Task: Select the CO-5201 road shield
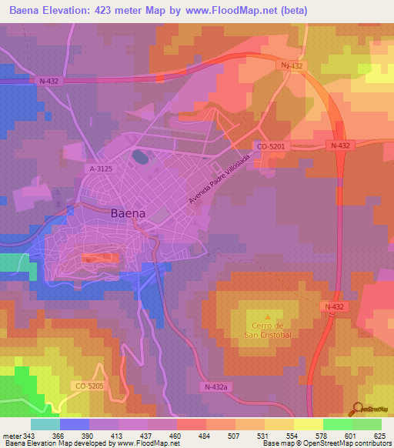coord(271,145)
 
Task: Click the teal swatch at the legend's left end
coord(45,425)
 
